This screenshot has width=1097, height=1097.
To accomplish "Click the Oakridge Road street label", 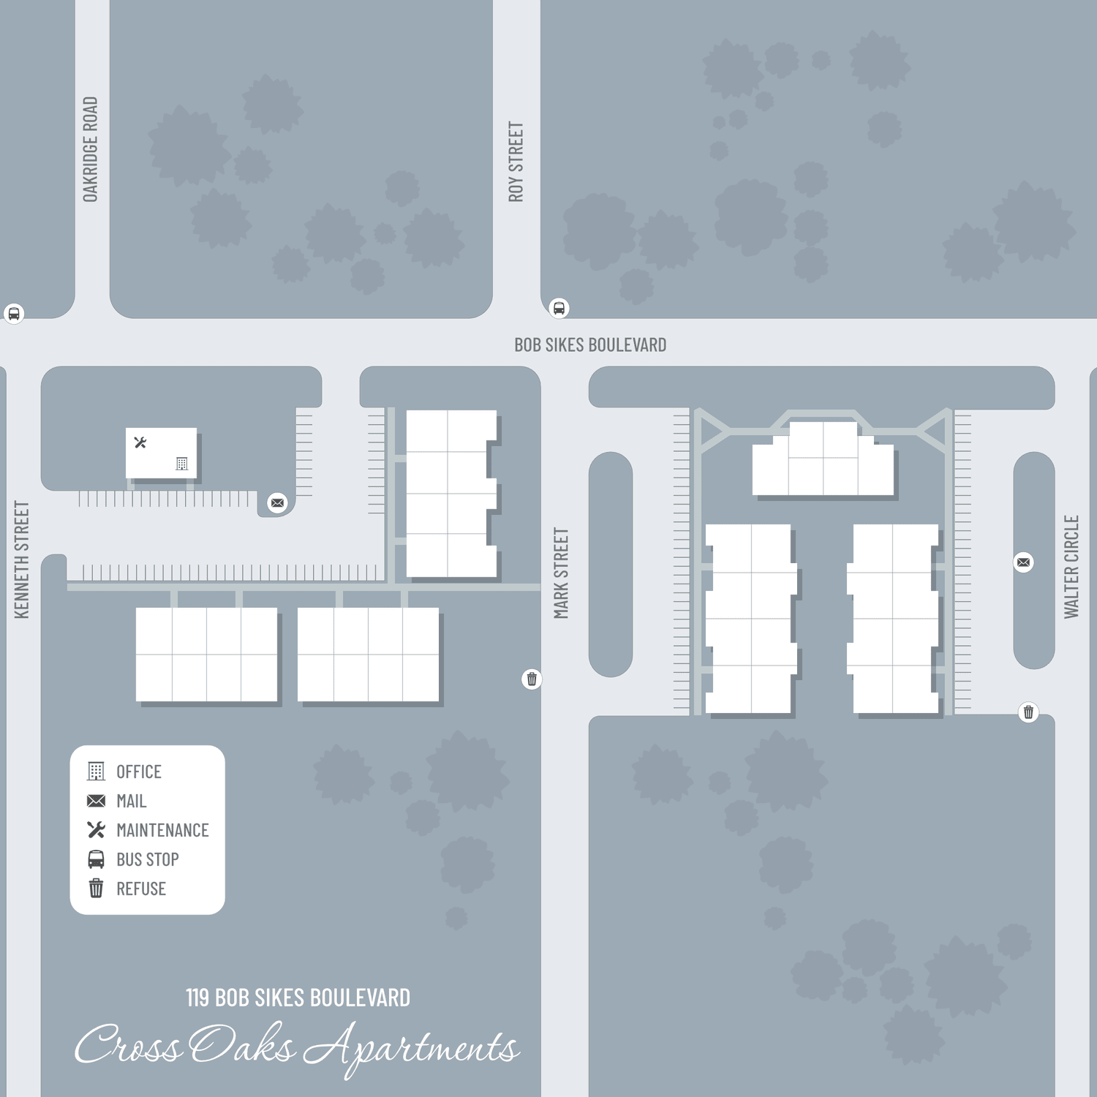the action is (90, 149).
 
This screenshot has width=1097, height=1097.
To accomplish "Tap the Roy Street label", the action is (516, 162).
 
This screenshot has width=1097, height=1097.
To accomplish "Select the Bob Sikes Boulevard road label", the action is (590, 345).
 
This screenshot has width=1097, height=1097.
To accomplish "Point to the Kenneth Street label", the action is (22, 559).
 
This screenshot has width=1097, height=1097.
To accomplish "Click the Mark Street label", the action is (561, 573).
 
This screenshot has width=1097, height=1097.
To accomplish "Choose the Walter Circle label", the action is (1071, 567).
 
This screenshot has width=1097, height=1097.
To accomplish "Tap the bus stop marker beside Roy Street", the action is (559, 308).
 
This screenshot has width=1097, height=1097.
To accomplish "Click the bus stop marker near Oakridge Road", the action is (14, 314).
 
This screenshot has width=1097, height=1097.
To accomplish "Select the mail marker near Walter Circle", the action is (1024, 562).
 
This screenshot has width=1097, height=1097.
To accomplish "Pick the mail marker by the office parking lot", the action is (277, 502).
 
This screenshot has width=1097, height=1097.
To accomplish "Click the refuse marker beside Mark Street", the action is (532, 679).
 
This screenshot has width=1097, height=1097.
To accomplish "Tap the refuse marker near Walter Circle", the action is (1028, 712).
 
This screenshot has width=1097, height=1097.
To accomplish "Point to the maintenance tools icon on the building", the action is (140, 442).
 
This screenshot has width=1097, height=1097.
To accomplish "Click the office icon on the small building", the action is (182, 464).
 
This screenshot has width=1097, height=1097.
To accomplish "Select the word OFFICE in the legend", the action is (139, 772).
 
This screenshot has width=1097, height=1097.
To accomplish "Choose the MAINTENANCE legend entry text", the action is (162, 830).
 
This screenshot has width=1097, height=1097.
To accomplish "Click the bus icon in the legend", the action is (96, 859).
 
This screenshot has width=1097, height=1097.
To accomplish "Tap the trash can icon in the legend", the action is (96, 889).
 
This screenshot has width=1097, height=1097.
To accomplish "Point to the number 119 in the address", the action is (197, 998).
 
